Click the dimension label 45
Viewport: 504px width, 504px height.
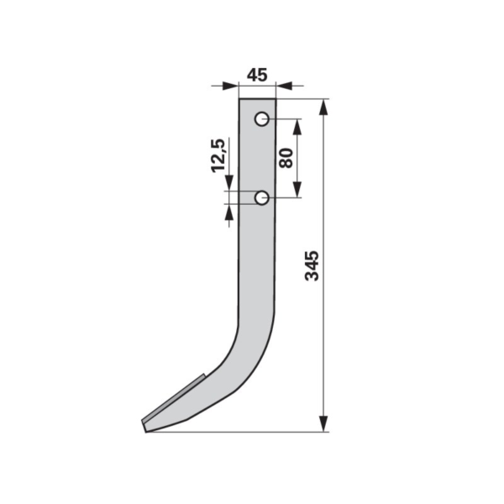(x=257, y=76)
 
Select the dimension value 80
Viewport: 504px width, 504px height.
(x=286, y=158)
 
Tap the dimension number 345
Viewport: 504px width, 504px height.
(x=312, y=265)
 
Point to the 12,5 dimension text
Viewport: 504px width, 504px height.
(x=218, y=156)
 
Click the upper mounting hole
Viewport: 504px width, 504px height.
(x=262, y=119)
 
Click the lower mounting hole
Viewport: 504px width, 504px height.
(x=262, y=198)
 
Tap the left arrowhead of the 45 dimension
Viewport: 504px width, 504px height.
(x=230, y=87)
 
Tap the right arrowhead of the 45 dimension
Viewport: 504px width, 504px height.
(x=284, y=87)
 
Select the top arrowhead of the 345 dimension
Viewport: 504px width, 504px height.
(x=323, y=107)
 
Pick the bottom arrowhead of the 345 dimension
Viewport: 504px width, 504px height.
(x=323, y=423)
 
